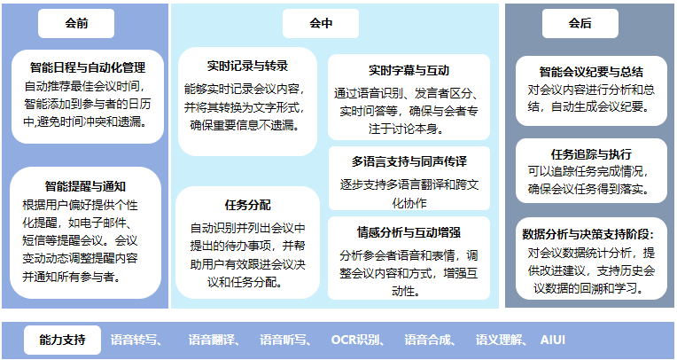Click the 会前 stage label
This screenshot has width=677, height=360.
click(x=76, y=23)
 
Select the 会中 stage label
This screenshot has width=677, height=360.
click(x=321, y=23)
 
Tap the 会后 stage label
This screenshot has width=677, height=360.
click(x=580, y=23)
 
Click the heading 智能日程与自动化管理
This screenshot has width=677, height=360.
click(x=88, y=67)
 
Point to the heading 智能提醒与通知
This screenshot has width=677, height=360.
click(x=85, y=186)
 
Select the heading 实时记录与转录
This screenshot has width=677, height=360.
click(x=247, y=67)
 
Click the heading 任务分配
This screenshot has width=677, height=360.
click(x=248, y=205)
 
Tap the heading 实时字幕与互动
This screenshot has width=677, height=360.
click(x=409, y=70)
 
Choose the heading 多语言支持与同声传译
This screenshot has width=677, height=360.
click(x=409, y=162)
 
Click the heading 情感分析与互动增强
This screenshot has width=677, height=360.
click(x=409, y=232)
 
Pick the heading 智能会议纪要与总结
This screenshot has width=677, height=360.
click(x=591, y=72)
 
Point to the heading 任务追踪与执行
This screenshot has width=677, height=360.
click(x=591, y=154)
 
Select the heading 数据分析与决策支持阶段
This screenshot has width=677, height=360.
click(x=588, y=234)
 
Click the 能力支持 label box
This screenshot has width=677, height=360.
click(x=62, y=340)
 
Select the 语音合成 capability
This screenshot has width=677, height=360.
click(x=428, y=340)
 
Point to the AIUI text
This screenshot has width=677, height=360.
click(x=553, y=340)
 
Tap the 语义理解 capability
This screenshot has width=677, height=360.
click(x=499, y=340)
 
